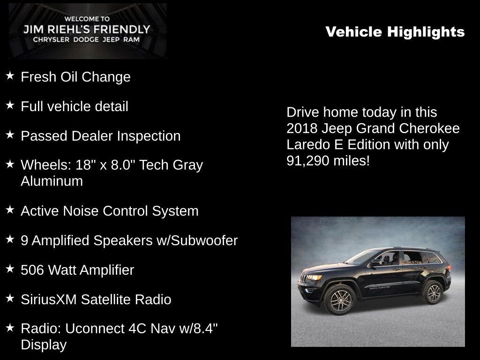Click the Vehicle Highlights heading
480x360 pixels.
pyautogui.click(x=395, y=32)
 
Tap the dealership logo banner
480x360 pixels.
pyautogui.click(x=88, y=30)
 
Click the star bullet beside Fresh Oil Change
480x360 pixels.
pyautogui.click(x=10, y=75)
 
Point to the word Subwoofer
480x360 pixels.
pyautogui.click(x=204, y=240)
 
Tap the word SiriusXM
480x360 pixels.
pyautogui.click(x=49, y=300)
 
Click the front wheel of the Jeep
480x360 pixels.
pyautogui.click(x=340, y=300)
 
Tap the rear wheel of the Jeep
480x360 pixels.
pyautogui.click(x=433, y=292)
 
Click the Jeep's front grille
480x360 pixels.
pyautogui.click(x=304, y=278)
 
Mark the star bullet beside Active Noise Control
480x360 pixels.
pyautogui.click(x=10, y=210)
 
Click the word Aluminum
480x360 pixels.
pyautogui.click(x=52, y=181)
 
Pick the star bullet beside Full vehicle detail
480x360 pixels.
pyautogui.click(x=10, y=105)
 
